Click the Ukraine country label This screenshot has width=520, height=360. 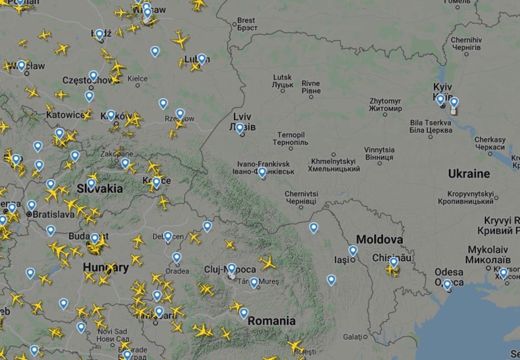click(x=469, y=174)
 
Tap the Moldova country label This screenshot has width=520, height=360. click(x=379, y=240)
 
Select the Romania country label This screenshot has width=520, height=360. click(x=271, y=321)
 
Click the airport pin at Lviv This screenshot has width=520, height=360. click(x=240, y=128)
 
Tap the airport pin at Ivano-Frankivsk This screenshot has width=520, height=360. click(x=262, y=172)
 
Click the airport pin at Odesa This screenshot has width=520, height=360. click(x=447, y=284)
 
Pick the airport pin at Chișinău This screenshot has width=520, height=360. click(x=393, y=262)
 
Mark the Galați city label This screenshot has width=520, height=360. click(x=352, y=337)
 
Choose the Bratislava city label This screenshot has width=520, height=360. click(x=48, y=214)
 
